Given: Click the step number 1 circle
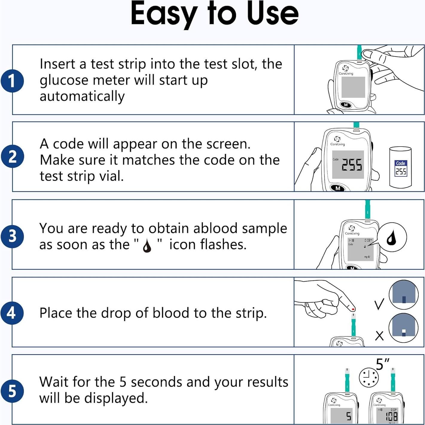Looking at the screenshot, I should pos(12,81).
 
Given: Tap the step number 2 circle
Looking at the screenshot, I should pos(12,156).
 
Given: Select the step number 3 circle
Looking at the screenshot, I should pos(12,236).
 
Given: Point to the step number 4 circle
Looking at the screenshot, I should pos(12,313).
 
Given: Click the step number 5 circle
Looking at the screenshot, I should pos(12,391).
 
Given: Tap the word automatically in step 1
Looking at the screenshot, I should pos(82,97).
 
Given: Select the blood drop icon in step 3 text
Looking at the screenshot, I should pos(147,246).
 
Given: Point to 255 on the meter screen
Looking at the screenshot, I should pos(352,165).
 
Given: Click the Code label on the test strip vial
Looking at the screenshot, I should pos(400,163).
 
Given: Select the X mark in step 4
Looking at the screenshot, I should pos(379,336).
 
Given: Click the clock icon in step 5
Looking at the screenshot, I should pos(368,377).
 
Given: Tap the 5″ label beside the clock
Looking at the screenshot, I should pos(383,365).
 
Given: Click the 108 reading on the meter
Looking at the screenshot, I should pos(391,416).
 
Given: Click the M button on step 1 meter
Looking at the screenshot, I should pos(346,105).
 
